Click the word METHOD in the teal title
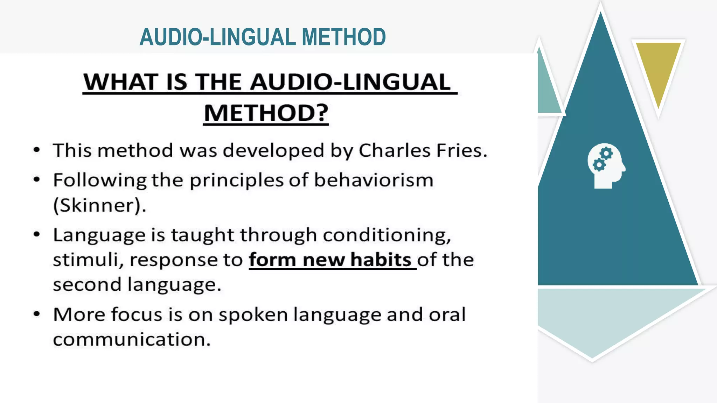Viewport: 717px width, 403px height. [343, 37]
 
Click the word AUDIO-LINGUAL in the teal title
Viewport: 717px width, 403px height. [217, 37]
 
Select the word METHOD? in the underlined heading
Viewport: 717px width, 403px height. [266, 113]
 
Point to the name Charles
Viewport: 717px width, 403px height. [395, 150]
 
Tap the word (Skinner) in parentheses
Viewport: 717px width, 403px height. [98, 205]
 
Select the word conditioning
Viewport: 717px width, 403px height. [387, 235]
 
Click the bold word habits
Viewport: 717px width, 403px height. [381, 260]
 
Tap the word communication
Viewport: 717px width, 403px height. [132, 340]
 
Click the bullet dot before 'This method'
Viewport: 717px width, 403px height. [37, 150]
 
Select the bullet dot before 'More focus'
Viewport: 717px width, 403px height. [37, 314]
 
